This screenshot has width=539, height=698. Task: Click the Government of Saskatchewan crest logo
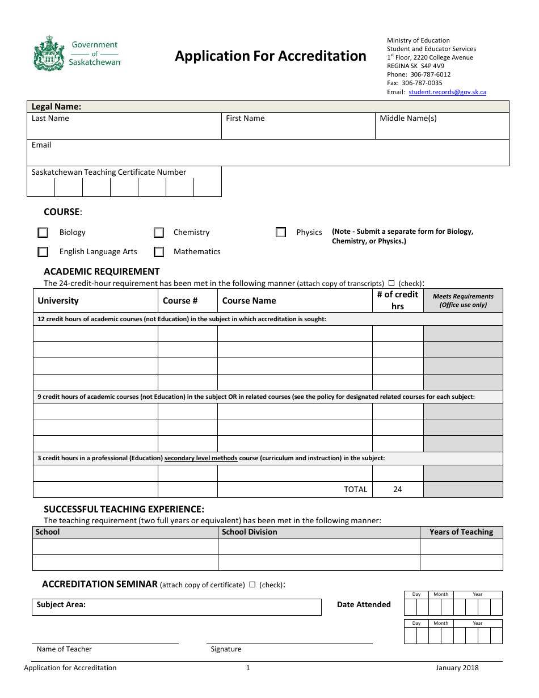(x=49, y=53)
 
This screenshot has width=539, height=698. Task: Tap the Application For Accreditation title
(x=270, y=56)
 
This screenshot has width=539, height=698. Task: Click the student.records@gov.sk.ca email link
(x=447, y=92)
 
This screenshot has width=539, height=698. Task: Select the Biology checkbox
(x=43, y=233)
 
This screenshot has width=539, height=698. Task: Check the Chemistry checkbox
(x=159, y=233)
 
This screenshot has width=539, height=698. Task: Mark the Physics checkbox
(x=281, y=232)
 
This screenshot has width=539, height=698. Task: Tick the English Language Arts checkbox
(x=43, y=252)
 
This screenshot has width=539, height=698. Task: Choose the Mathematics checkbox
(x=159, y=252)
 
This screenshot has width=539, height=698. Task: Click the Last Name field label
(x=50, y=119)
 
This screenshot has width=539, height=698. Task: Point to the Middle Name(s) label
(x=408, y=119)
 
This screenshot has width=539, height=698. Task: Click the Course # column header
(x=180, y=301)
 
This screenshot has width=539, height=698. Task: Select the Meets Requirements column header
(x=463, y=300)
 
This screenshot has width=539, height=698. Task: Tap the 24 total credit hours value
(x=397, y=489)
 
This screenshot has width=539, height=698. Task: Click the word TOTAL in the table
(x=355, y=489)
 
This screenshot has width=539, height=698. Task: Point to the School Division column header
(x=249, y=532)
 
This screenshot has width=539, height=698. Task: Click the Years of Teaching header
(x=461, y=532)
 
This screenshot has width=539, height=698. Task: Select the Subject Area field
(x=176, y=607)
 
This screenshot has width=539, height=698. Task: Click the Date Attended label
(x=364, y=605)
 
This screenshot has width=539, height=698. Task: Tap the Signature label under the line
(x=226, y=649)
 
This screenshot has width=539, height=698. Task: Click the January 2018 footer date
(x=457, y=668)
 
